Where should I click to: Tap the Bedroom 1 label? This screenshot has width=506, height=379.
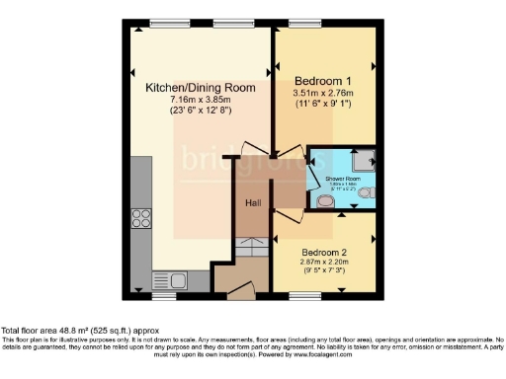pos(323,80)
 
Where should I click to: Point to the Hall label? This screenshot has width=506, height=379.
pos(252,203)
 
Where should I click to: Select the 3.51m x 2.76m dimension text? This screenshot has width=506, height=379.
pos(323,93)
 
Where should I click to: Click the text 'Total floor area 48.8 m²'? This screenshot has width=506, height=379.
pos(50,331)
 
